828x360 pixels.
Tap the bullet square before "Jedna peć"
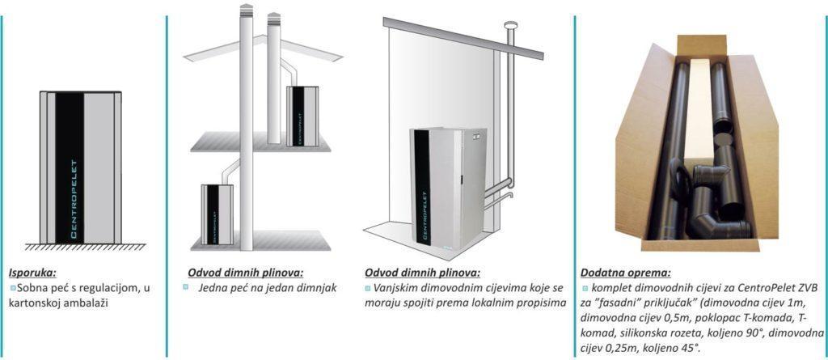[186, 288]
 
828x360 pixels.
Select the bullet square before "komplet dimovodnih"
[585, 288]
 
